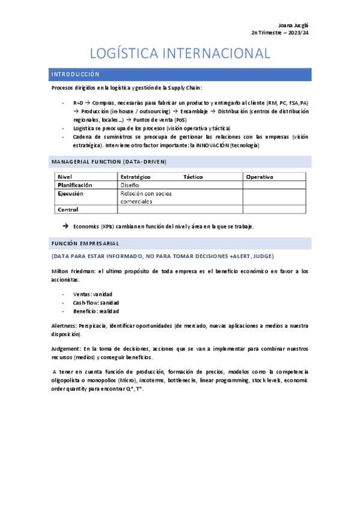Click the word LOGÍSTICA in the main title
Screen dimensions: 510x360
point(127,54)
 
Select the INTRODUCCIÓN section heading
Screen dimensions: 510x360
point(75,75)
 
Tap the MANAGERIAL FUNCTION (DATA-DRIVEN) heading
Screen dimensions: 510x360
point(109,162)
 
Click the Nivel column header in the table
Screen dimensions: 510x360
point(64,177)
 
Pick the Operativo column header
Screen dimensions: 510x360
point(260,177)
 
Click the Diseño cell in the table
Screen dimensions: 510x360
point(129,185)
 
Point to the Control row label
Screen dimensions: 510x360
point(68,210)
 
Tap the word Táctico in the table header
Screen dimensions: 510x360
point(193,177)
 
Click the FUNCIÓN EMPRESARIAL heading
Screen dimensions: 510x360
point(85,244)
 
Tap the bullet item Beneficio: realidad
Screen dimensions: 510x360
point(96,311)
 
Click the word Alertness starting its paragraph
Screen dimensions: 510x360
point(64,325)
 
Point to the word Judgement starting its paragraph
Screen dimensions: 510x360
point(65,349)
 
